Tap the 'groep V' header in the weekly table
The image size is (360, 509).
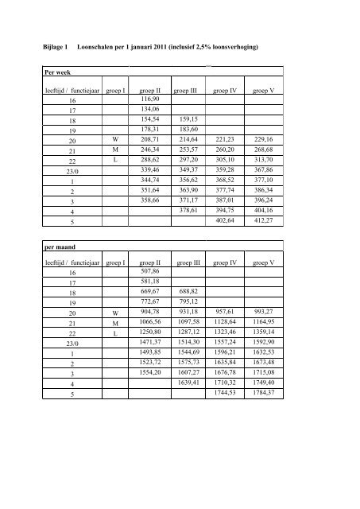coord(263,91)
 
